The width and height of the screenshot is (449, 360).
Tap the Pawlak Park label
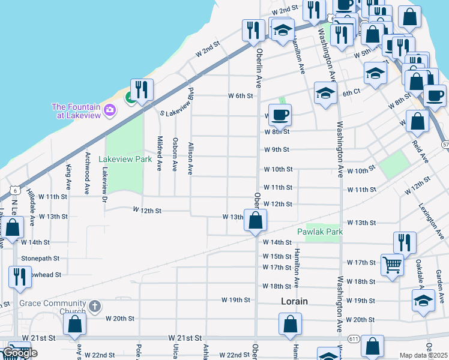[x=320, y=232]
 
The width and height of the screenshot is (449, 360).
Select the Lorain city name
[x=294, y=302]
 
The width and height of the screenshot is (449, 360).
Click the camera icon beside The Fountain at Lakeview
[x=109, y=109]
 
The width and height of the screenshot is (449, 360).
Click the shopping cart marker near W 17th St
[x=392, y=264]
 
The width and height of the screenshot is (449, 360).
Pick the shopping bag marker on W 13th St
[x=256, y=220]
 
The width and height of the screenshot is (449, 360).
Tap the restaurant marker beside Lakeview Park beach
[x=142, y=89]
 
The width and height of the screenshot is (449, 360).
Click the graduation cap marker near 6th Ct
[x=325, y=93]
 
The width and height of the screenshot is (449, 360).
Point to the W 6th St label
[x=240, y=96]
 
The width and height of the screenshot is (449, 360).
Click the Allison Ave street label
[x=190, y=158]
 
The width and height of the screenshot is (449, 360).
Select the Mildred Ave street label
[x=160, y=154]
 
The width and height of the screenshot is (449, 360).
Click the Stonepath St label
[x=40, y=259]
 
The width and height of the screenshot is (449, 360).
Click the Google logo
[x=19, y=353]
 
